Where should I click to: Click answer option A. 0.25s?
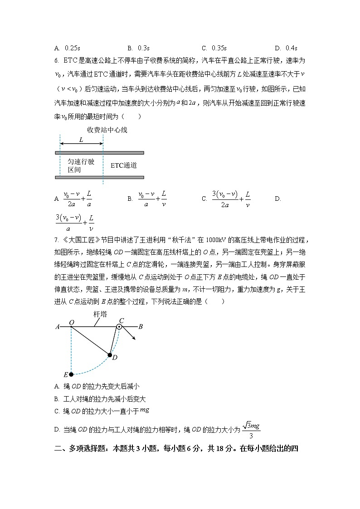(67, 48)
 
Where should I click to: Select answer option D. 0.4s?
(286, 48)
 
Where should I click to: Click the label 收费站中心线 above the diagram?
(107, 130)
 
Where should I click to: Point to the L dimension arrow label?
(81, 140)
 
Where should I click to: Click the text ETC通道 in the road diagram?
(124, 165)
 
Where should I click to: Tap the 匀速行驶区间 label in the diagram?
(81, 165)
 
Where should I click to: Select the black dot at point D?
(110, 355)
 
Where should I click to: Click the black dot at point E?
(71, 374)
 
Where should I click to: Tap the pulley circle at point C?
(120, 326)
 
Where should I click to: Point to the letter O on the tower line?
(71, 322)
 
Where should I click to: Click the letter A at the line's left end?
(58, 326)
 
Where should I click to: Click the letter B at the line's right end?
(141, 326)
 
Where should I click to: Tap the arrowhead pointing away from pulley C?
(134, 338)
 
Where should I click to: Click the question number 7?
(56, 240)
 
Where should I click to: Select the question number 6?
(56, 60)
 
